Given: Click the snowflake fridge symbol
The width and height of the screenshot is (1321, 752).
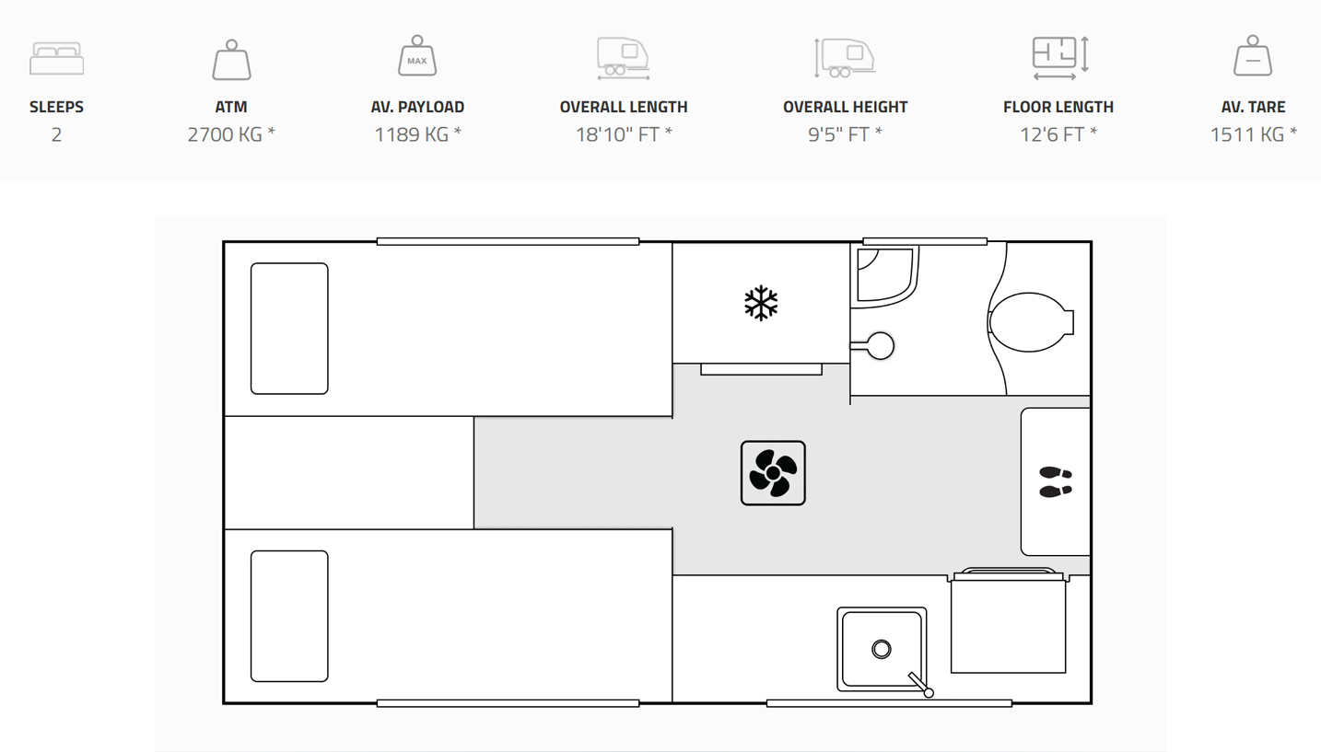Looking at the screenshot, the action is (761, 304).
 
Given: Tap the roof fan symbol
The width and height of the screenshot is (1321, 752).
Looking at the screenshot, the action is (773, 473).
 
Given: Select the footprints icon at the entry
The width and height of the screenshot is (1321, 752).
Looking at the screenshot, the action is (1055, 481).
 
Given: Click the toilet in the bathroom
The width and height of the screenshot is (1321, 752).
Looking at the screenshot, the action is (1031, 322).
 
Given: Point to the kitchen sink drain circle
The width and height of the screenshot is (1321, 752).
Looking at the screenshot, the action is (882, 650).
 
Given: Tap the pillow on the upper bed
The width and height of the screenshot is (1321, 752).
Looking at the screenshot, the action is (289, 329).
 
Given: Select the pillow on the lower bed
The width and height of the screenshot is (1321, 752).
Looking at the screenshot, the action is (289, 616).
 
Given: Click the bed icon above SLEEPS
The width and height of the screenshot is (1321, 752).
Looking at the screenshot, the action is (56, 58).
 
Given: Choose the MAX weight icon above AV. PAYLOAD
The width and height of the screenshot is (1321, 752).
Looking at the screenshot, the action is (417, 56).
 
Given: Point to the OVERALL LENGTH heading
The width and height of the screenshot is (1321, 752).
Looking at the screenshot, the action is (624, 107).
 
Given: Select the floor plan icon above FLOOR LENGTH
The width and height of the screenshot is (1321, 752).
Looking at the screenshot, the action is (1059, 58).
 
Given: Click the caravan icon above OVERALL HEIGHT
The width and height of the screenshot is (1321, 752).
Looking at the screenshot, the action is (845, 58).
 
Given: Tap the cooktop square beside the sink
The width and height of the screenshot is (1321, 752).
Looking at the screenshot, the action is (1009, 623).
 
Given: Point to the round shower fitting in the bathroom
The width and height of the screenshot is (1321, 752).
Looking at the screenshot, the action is (880, 345).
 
